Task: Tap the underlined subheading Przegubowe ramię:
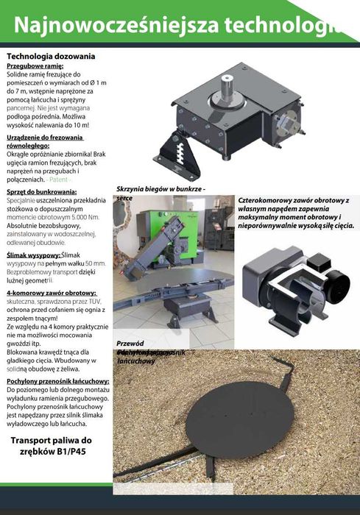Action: click(x=35, y=65)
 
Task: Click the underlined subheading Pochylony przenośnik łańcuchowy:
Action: click(x=58, y=381)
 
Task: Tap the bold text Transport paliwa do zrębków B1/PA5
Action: click(x=56, y=447)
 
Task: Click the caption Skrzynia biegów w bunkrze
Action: click(x=160, y=189)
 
